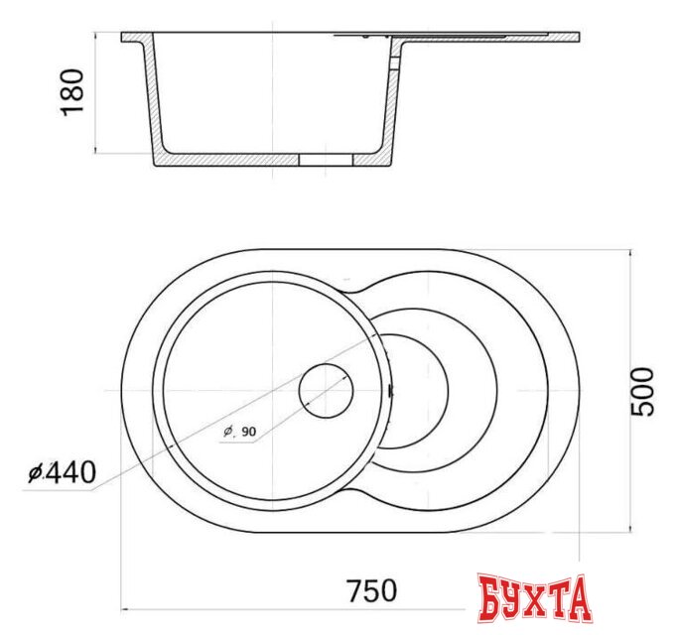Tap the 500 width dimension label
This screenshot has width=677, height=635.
coord(643,391)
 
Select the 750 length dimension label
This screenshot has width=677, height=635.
coord(371,590)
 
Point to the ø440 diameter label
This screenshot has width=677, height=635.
coord(63,474)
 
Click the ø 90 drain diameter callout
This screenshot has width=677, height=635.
coord(239,431)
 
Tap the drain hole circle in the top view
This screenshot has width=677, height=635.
coord(326,391)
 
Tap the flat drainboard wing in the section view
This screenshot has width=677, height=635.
coord(486,40)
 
